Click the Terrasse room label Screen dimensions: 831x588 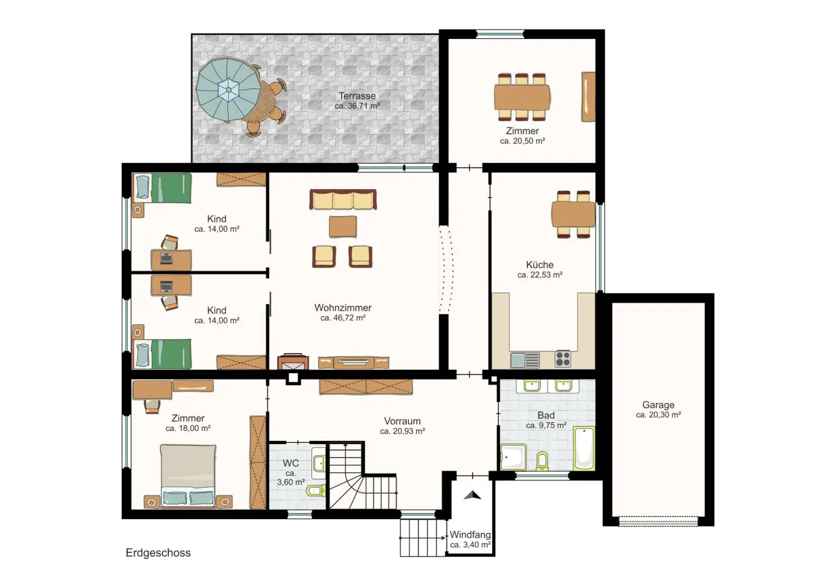click(x=357, y=96)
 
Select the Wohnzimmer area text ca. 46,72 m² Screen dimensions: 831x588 click(x=343, y=318)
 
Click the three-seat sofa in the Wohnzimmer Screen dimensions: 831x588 click(x=343, y=199)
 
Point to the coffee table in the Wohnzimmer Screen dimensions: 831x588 click(x=343, y=226)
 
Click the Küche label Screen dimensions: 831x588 click(x=540, y=265)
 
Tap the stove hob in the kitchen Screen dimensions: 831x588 click(x=563, y=359)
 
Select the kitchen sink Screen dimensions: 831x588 click(x=525, y=360)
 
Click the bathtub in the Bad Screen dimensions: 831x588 click(x=584, y=448)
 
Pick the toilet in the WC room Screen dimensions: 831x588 click(x=316, y=491)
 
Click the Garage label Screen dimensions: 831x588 click(x=658, y=404)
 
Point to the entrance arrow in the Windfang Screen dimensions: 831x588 click(x=472, y=495)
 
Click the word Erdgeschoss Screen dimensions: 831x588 click(x=158, y=553)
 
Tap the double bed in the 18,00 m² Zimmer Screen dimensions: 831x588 click(x=188, y=475)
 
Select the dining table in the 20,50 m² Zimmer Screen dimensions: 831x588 click(x=522, y=97)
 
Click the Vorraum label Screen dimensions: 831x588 click(x=402, y=421)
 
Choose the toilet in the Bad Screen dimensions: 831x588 click(x=543, y=461)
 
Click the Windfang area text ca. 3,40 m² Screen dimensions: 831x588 click(x=470, y=545)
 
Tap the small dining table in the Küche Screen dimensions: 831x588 click(x=573, y=214)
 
